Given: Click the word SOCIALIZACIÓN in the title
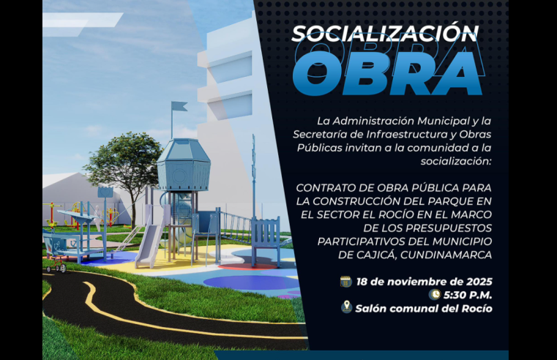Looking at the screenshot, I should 385,33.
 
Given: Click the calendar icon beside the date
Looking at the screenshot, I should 346,281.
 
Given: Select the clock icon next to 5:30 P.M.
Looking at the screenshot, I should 435,294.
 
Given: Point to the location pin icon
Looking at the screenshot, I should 346,307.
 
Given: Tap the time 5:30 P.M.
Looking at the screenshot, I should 468,295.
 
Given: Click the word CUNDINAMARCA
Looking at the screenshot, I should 447,254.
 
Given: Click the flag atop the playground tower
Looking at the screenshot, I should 179,107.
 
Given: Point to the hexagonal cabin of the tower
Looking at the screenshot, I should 183,165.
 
